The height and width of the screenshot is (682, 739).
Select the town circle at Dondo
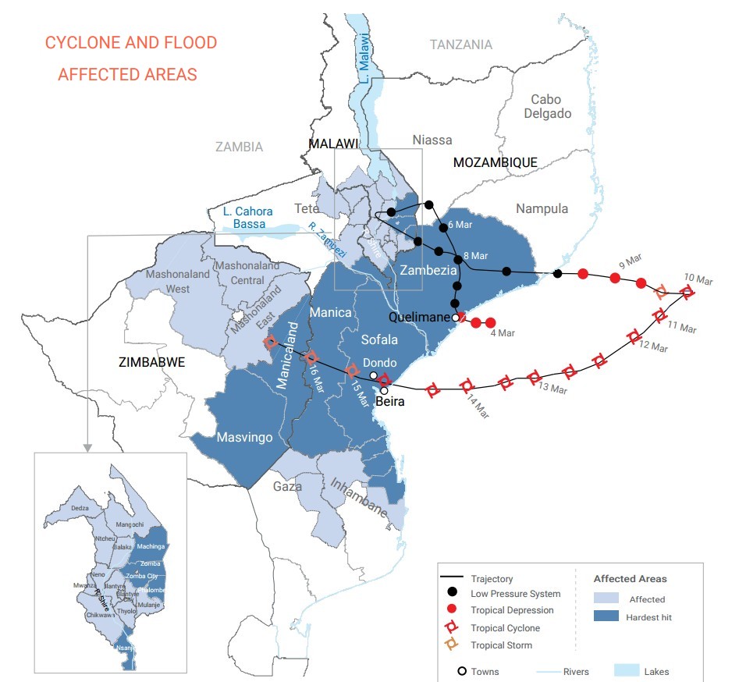[374, 375]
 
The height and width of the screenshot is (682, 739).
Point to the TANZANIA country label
[461, 44]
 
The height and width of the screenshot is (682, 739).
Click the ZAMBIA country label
[240, 147]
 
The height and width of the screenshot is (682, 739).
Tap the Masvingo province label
[245, 437]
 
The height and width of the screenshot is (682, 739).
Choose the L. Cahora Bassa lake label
[243, 218]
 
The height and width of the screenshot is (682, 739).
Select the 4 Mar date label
[502, 334]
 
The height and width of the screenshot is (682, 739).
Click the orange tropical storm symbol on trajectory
[661, 293]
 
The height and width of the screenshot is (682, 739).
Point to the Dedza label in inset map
[80, 508]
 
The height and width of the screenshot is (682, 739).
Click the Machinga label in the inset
[151, 546]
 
